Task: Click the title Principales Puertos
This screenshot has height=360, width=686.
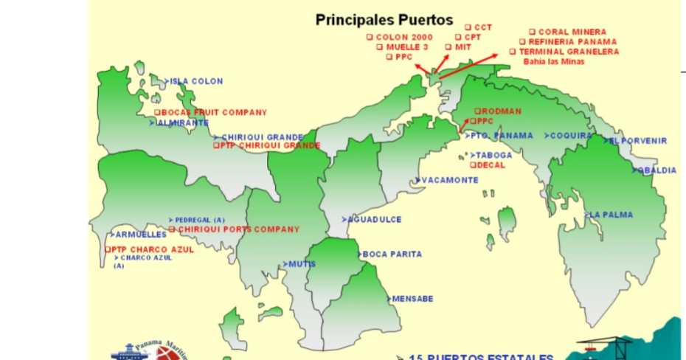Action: [384, 19]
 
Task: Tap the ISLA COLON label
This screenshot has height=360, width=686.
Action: [196, 82]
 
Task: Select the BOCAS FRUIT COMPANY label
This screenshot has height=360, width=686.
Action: [213, 113]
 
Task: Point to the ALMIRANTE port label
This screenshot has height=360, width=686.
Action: [182, 123]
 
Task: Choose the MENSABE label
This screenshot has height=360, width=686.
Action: [412, 299]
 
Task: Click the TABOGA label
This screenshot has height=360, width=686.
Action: [493, 156]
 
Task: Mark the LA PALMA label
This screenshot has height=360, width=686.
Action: [611, 215]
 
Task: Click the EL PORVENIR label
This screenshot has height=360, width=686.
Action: [638, 141]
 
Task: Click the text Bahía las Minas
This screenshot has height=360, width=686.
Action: [554, 62]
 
